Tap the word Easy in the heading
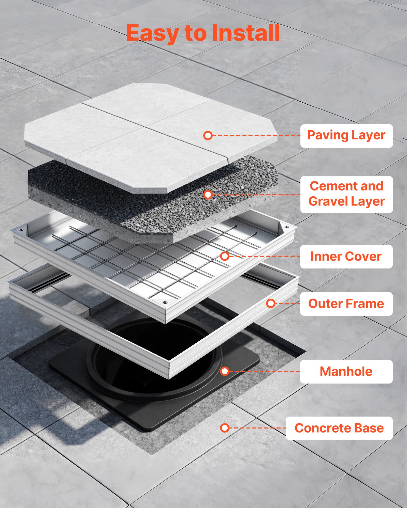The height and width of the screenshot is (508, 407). coord(152,33)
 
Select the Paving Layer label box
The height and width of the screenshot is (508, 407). coord(346,136)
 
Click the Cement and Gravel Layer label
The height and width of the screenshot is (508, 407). coord(346,194)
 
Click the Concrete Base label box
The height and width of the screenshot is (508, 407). coord(339,428)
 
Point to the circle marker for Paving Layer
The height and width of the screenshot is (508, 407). coord(208,136)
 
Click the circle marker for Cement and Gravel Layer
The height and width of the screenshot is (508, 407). coord(208,195)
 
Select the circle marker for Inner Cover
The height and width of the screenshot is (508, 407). coord(225,256)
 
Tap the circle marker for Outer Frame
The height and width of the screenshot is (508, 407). coord(271,303)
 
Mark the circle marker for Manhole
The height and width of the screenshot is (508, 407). coord(225,371)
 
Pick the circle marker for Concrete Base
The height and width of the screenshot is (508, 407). coord(225,428)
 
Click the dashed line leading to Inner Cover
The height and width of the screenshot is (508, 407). coord(265,256)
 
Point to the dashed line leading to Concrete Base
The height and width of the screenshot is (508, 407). coord(257,428)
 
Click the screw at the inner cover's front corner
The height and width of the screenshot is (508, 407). coord(165,302)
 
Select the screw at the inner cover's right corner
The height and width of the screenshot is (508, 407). coord(287,227)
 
